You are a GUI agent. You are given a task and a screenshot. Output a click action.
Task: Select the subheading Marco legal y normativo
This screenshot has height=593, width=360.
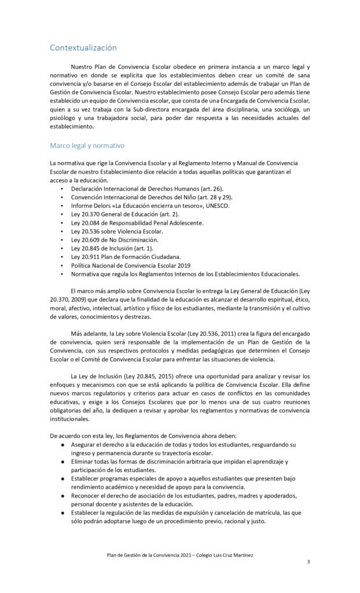[x=87, y=145]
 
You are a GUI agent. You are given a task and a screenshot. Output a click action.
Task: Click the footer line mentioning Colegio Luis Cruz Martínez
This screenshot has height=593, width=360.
[x=179, y=554]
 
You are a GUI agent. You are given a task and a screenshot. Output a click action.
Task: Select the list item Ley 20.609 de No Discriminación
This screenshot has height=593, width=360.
[x=115, y=239]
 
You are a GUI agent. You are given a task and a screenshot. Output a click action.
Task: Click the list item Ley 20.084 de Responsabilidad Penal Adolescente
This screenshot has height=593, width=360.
[x=137, y=222]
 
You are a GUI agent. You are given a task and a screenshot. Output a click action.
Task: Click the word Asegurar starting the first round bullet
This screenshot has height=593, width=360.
[x=86, y=444]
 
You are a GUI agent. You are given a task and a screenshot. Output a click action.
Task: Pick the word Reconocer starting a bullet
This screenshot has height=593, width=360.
[x=88, y=496]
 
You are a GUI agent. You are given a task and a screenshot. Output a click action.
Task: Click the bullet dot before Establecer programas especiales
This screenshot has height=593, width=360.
[x=63, y=479]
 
